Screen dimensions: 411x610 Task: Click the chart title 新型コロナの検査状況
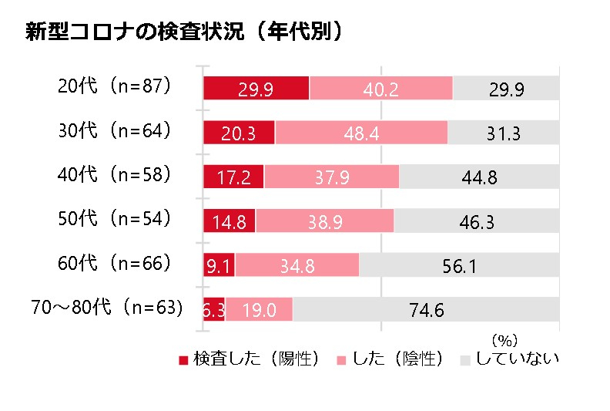pos(184,32)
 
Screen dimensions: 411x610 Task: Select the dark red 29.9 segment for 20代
pos(256,89)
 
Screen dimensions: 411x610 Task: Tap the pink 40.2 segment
pos(380,89)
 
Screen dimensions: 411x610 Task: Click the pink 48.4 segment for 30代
pos(361,133)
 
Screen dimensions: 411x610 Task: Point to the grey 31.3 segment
pos(504,133)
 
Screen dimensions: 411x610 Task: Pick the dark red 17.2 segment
pos(233,177)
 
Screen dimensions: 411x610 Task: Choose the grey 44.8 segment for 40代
pos(479,177)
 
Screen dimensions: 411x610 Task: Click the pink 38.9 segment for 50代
pos(325,222)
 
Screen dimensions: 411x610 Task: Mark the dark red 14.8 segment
pos(230,222)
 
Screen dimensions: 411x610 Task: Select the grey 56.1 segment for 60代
pos(459,266)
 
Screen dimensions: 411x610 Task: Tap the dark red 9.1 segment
pos(219,266)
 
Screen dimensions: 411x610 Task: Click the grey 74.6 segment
pos(426,310)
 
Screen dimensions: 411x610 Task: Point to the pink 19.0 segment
pos(259,310)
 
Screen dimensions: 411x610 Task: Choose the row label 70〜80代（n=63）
pos(107,308)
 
